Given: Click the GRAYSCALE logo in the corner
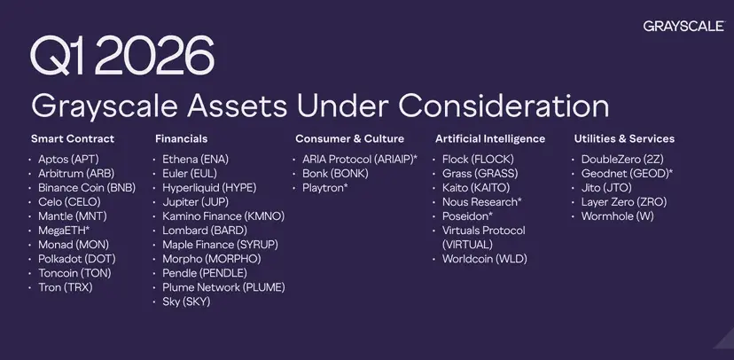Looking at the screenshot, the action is [683, 27].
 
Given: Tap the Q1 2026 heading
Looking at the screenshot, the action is [122, 56].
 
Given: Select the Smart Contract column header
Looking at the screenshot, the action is [73, 138].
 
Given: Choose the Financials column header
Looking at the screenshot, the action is [181, 138].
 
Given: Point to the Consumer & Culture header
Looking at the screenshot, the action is [349, 138].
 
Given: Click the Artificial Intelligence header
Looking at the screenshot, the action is [490, 138].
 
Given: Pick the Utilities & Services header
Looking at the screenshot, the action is [624, 138].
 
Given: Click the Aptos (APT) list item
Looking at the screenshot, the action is [69, 160].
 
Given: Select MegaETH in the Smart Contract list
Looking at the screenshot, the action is [64, 231].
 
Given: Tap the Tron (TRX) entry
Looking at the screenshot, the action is [66, 287].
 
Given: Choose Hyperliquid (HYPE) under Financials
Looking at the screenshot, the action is [209, 188].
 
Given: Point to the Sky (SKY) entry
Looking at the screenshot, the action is [186, 301].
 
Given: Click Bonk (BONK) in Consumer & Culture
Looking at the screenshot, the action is [335, 174].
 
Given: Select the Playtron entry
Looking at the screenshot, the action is [324, 188].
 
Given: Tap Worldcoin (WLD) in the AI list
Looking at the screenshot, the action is [485, 259].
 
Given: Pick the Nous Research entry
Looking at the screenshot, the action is [481, 202].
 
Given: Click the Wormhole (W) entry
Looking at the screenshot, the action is [618, 216].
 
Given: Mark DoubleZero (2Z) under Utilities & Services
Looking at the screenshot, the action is [622, 160].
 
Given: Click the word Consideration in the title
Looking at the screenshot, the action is [504, 106].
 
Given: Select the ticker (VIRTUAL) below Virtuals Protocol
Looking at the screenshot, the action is [468, 245].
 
